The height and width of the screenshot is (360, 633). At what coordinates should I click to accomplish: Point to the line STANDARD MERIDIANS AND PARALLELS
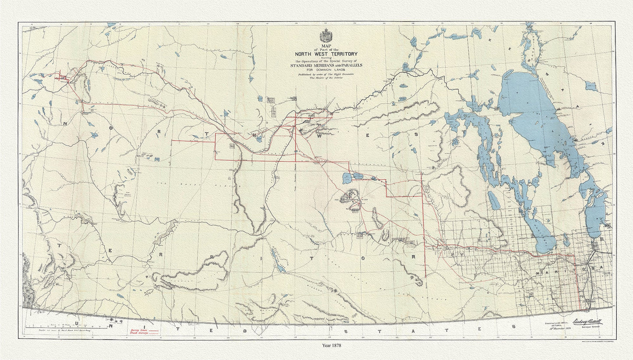tap(326, 66)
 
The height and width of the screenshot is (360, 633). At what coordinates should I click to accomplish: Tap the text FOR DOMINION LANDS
tap(326, 70)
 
